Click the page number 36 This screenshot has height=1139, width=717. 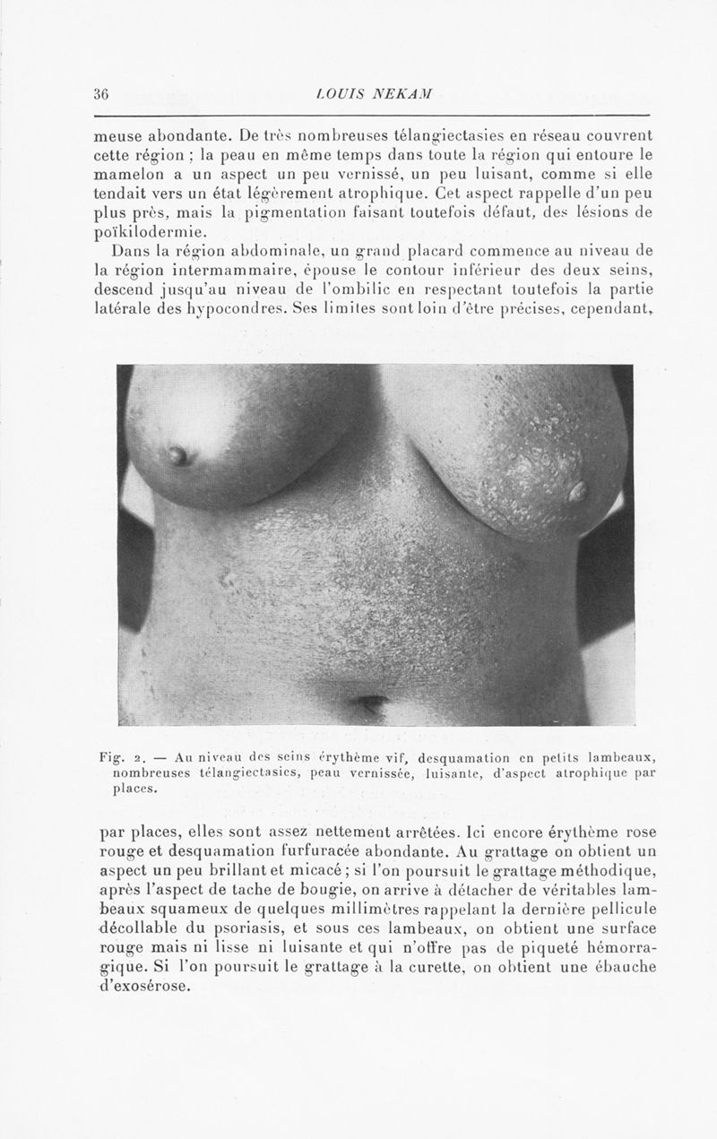pyautogui.click(x=100, y=93)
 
